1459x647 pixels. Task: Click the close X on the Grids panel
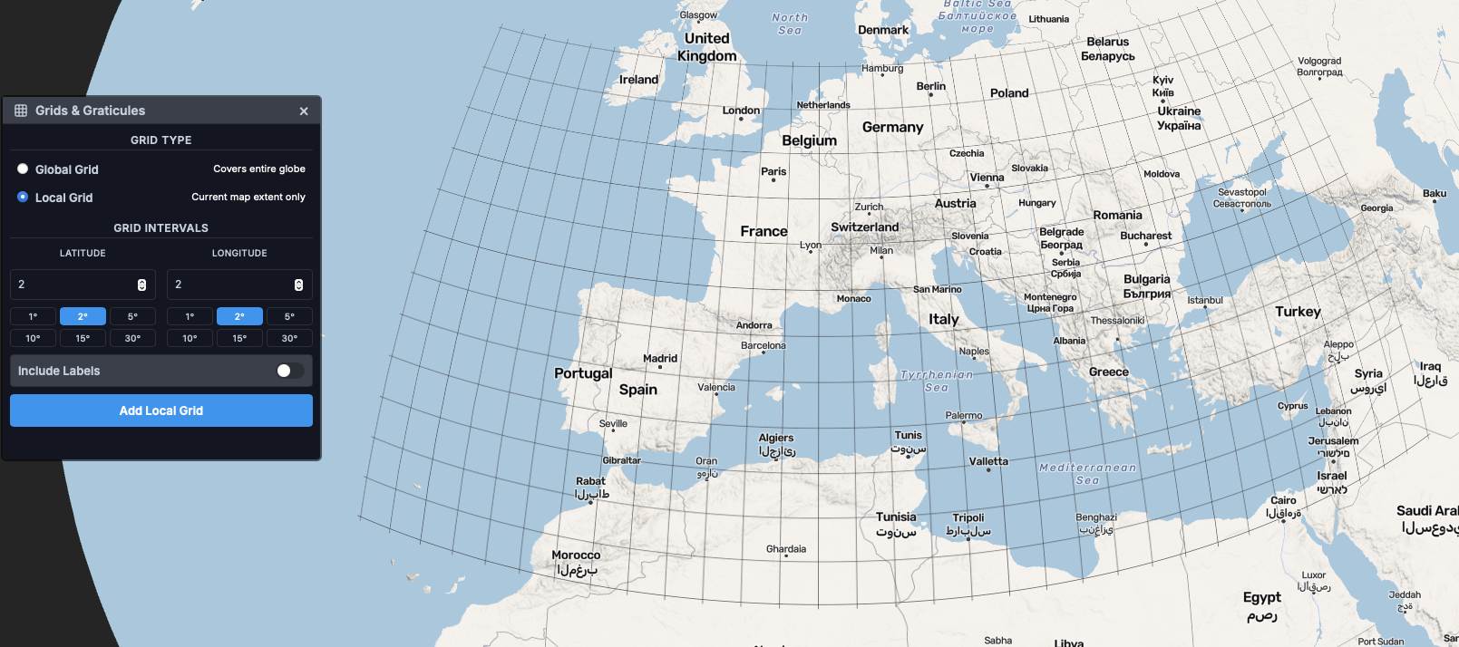point(304,111)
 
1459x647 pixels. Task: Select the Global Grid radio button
point(23,169)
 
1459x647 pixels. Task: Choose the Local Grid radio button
point(23,197)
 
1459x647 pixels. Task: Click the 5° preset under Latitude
point(132,316)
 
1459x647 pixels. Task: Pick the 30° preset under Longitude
point(289,338)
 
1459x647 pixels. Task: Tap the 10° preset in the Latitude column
point(33,338)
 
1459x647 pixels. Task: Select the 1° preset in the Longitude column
point(190,316)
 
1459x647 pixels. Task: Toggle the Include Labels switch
point(290,371)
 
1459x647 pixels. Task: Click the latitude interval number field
point(73,285)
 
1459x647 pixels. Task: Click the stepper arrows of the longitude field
point(298,285)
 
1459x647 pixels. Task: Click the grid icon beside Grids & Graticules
point(21,111)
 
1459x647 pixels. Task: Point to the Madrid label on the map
point(660,359)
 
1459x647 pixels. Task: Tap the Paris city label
point(773,171)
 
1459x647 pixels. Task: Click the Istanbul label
point(1205,300)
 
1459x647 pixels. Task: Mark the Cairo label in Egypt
point(1283,500)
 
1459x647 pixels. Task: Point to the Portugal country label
point(583,373)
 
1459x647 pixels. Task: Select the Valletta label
point(988,461)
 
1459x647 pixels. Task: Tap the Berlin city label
point(930,86)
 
